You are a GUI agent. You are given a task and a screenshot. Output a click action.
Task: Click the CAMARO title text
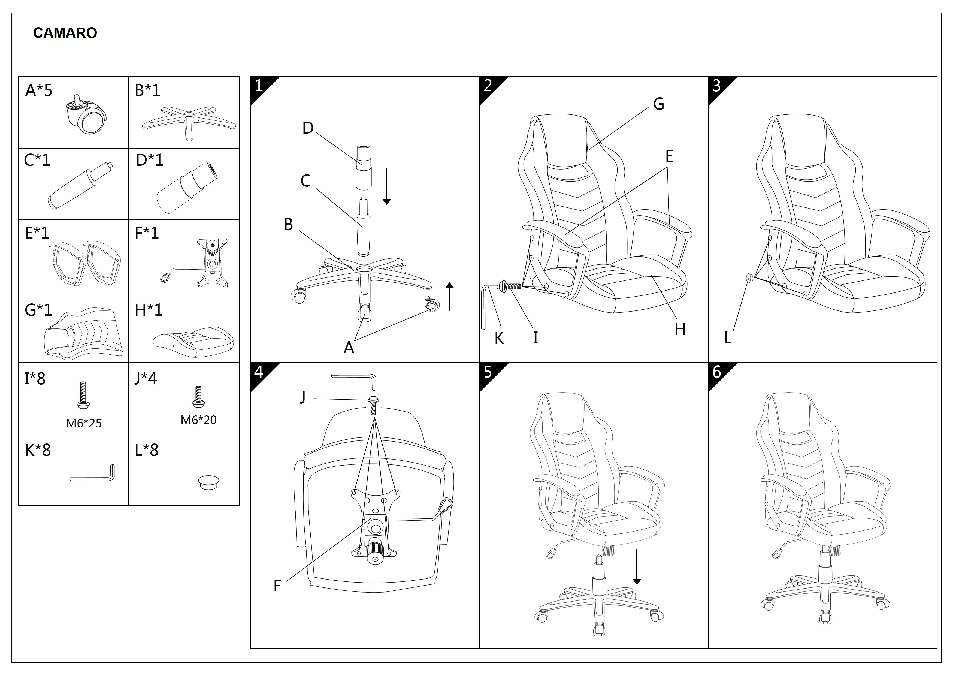65,33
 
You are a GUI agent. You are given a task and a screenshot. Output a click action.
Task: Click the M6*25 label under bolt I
84,423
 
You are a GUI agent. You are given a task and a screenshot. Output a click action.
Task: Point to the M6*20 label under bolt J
199,420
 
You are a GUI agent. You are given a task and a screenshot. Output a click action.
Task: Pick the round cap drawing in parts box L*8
208,483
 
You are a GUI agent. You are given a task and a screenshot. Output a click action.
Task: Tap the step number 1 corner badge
259,86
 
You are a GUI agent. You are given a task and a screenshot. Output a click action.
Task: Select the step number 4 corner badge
259,372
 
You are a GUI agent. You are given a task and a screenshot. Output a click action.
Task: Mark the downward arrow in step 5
637,567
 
